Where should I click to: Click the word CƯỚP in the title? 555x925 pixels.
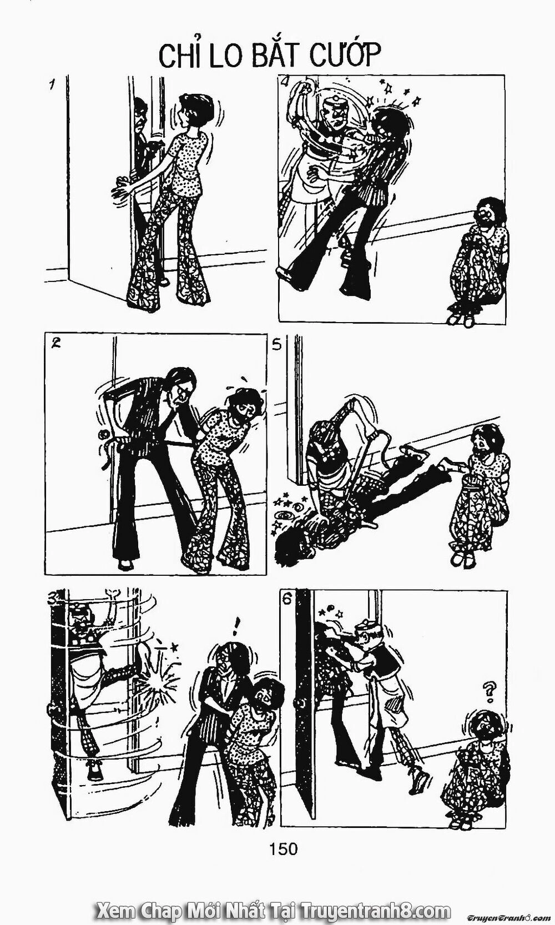pos(333,57)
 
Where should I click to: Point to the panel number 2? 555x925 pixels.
pos(55,343)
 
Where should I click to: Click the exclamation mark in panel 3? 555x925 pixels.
pos(239,627)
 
